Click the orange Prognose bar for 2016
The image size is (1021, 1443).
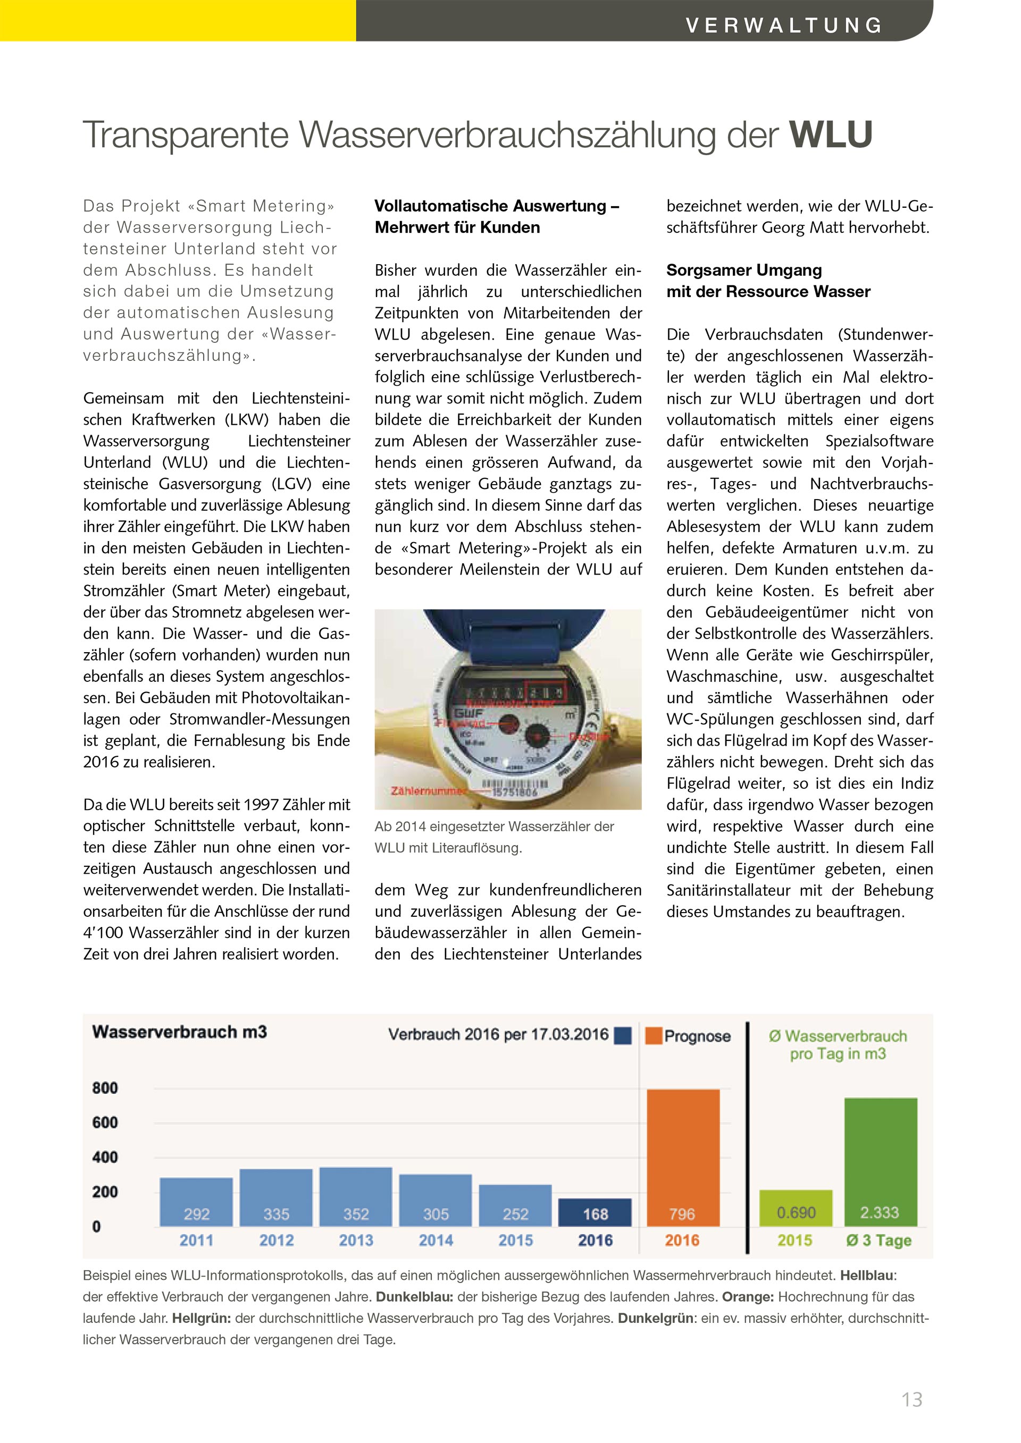[683, 1157]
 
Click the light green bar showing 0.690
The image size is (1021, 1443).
[796, 1208]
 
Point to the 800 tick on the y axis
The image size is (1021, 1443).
[104, 1088]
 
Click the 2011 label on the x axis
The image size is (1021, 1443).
[196, 1240]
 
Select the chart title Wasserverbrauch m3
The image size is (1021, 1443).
[179, 1032]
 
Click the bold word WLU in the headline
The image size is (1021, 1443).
[831, 134]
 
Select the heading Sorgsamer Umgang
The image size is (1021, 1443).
[744, 270]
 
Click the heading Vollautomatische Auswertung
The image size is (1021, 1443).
[497, 206]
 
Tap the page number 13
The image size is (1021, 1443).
[911, 1399]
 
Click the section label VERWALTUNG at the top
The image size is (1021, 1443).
[784, 25]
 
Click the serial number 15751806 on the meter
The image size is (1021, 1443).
[515, 792]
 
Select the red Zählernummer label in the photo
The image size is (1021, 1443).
[428, 791]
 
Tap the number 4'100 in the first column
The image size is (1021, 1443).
[104, 933]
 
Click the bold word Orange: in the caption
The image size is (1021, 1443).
[748, 1296]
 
